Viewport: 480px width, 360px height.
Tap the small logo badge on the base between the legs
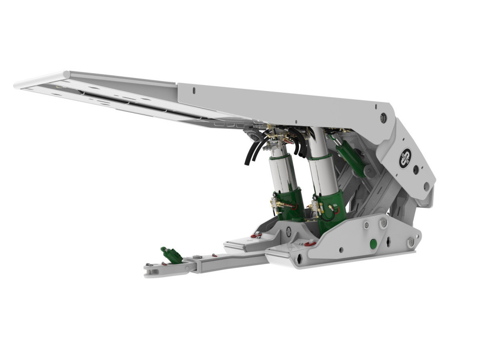point(289,231)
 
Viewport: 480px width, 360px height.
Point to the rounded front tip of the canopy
point(20,84)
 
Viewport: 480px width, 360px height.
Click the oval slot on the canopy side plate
point(194,91)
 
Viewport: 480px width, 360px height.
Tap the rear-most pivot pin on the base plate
point(411,242)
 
